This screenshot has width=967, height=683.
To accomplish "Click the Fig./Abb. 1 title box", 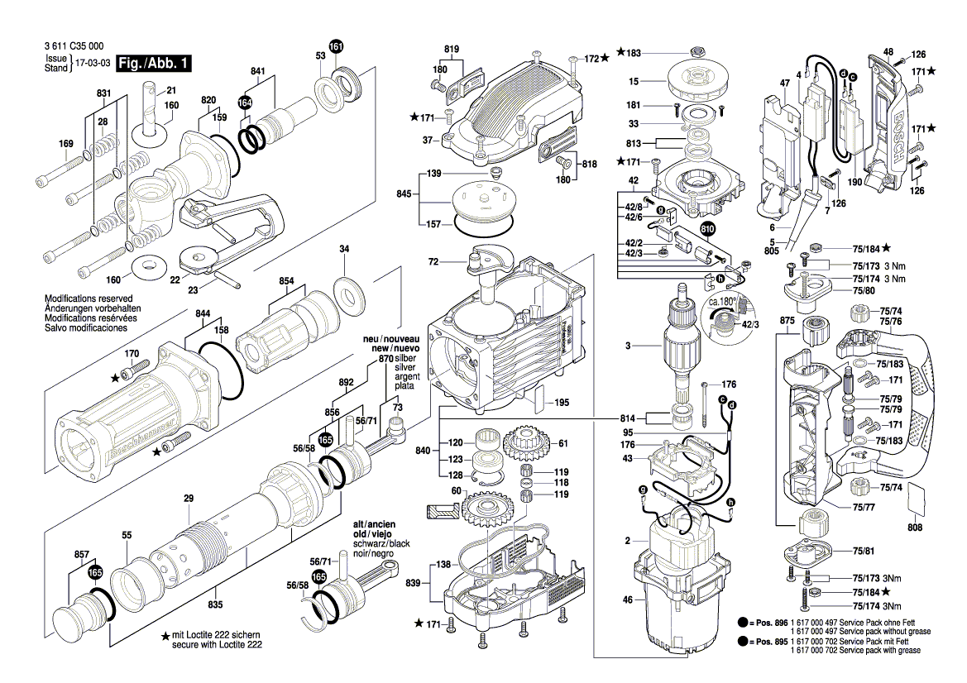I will coord(154,64).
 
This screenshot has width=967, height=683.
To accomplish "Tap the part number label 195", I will coord(562,403).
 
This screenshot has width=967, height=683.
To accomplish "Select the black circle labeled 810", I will coord(708,229).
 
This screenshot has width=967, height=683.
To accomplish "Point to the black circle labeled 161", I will coord(336,47).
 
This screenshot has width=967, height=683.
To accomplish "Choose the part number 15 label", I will coord(634,81).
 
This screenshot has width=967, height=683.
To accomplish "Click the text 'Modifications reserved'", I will coord(89,298).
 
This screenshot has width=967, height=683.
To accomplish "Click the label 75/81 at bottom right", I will coord(864,551).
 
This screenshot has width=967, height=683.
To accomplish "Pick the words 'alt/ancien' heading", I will coord(375,524).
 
